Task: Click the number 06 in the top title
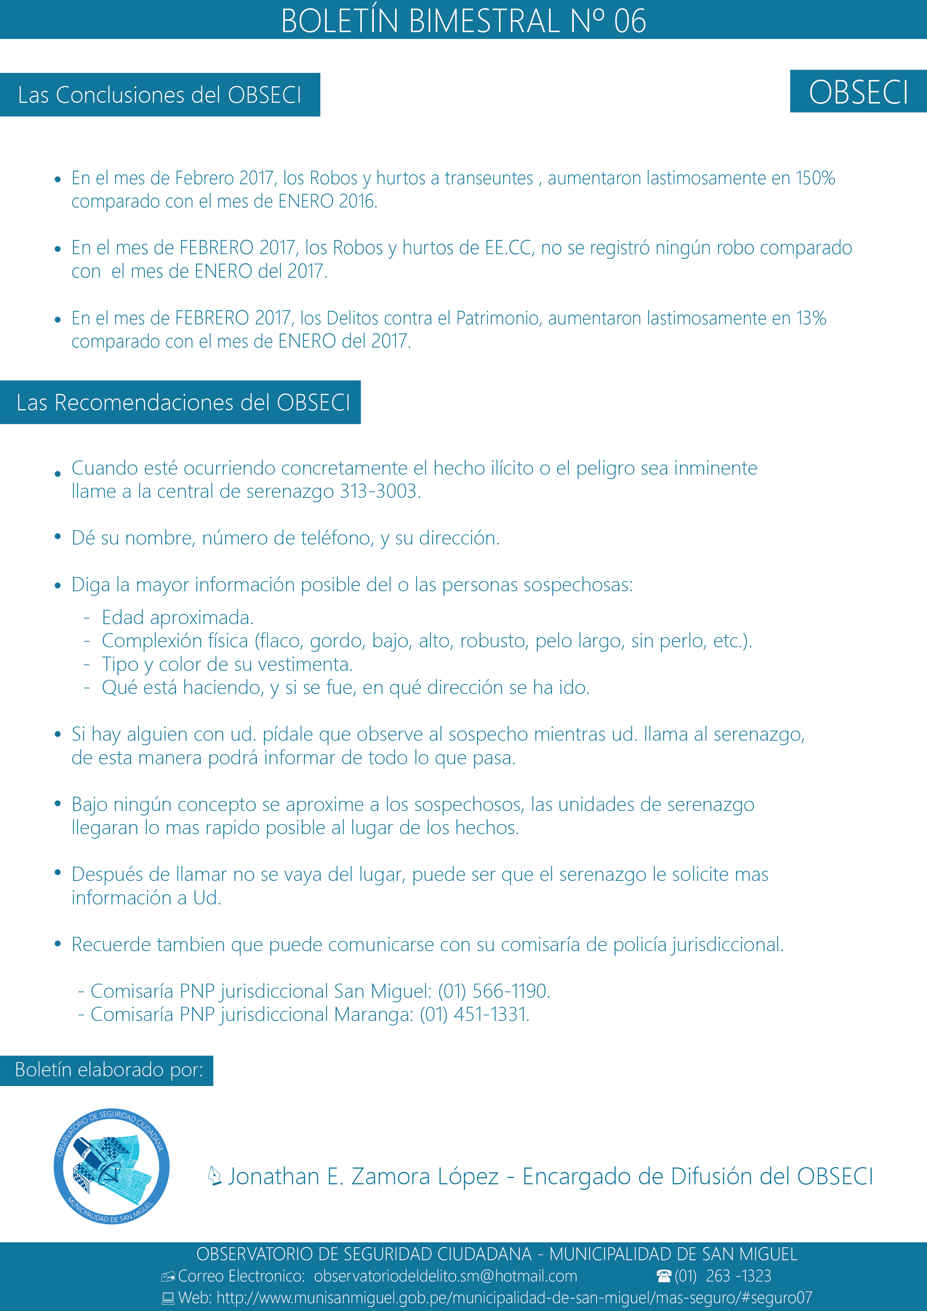(629, 21)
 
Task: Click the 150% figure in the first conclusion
(816, 178)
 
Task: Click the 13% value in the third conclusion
(811, 318)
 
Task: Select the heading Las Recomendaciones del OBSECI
(183, 402)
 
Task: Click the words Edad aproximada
(178, 618)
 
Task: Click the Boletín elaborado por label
(108, 1070)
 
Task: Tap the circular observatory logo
(111, 1166)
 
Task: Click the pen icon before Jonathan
(214, 1176)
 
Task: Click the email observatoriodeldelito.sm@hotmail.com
(446, 1276)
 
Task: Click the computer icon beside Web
(168, 1298)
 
